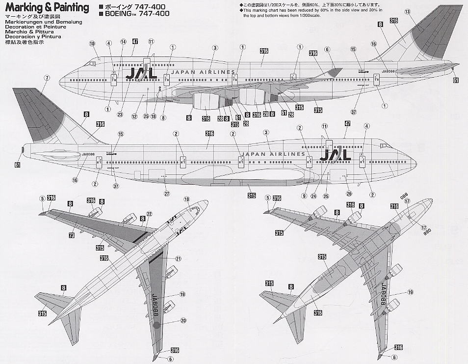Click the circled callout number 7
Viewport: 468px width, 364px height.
click(x=47, y=78)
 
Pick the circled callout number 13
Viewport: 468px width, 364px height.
click(x=407, y=12)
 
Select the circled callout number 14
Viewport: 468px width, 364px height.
click(x=123, y=42)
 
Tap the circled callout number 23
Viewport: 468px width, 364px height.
click(x=120, y=114)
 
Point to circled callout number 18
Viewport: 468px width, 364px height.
click(x=154, y=116)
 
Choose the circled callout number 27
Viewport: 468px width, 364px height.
click(x=167, y=193)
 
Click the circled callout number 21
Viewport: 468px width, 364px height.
click(x=179, y=259)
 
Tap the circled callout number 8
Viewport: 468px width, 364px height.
click(x=163, y=118)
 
